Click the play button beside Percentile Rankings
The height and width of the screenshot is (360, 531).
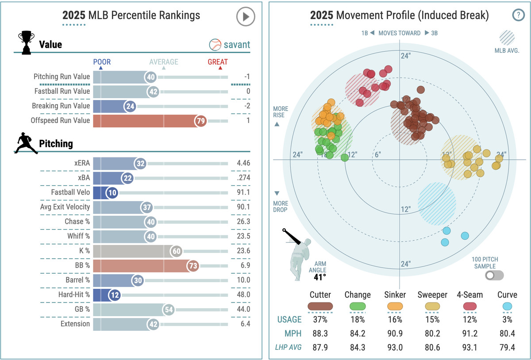(245, 17)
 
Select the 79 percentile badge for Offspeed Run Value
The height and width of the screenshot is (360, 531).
(200, 121)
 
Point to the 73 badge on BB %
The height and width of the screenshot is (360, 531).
(192, 266)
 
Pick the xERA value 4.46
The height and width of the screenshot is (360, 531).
(243, 163)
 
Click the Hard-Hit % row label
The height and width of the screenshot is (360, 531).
(74, 295)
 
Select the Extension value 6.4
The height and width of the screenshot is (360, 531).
(243, 324)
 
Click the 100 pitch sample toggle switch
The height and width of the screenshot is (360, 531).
(494, 276)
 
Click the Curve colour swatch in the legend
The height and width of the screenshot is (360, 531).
(507, 306)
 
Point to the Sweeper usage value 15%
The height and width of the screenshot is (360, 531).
(433, 319)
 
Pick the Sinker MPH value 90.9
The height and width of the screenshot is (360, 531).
(395, 333)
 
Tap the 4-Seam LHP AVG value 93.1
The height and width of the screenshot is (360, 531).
(469, 348)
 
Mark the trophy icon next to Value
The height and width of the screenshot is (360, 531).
(26, 42)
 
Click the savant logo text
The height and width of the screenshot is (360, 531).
(236, 45)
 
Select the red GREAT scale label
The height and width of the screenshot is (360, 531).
(218, 62)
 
